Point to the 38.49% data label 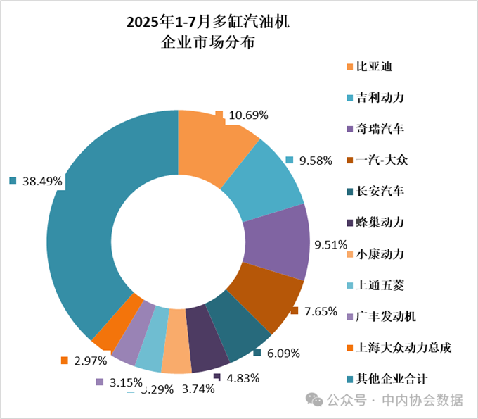(42, 182)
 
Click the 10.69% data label (249, 115)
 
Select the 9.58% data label (314, 161)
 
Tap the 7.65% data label (318, 311)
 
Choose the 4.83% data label (241, 377)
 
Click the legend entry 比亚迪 (373, 68)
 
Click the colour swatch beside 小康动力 (349, 254)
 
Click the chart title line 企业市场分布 (208, 43)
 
